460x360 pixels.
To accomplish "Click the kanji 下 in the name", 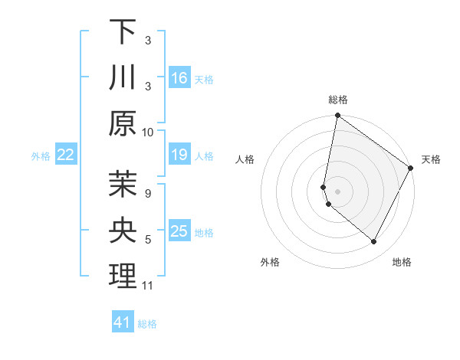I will pyautogui.click(x=123, y=31).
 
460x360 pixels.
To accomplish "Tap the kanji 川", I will pyautogui.click(x=123, y=77).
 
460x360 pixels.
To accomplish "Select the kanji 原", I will pyautogui.click(x=123, y=123).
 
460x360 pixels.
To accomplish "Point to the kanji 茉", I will pyautogui.click(x=123, y=184).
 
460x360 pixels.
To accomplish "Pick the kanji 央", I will pyautogui.click(x=123, y=230).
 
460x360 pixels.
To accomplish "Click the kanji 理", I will pyautogui.click(x=123, y=277).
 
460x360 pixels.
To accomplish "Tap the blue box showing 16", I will pyautogui.click(x=179, y=77).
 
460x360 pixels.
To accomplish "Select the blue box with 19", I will pyautogui.click(x=179, y=155).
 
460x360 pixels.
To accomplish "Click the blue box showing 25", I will pyautogui.click(x=179, y=231).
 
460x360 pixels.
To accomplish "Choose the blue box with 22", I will pyautogui.click(x=66, y=155).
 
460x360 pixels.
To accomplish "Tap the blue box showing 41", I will pyautogui.click(x=123, y=322).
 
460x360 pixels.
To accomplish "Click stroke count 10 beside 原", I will pyautogui.click(x=148, y=132).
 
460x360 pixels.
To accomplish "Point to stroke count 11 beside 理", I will pyautogui.click(x=148, y=286).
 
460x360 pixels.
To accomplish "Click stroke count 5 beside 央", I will pyautogui.click(x=148, y=240).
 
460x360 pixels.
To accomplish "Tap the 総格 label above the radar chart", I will pyautogui.click(x=338, y=100).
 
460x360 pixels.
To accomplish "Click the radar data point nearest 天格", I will pyautogui.click(x=411, y=169).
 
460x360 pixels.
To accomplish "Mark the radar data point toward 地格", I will pyautogui.click(x=374, y=241).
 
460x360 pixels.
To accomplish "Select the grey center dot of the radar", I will pyautogui.click(x=338, y=191).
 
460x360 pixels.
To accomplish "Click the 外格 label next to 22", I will pyautogui.click(x=41, y=156).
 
